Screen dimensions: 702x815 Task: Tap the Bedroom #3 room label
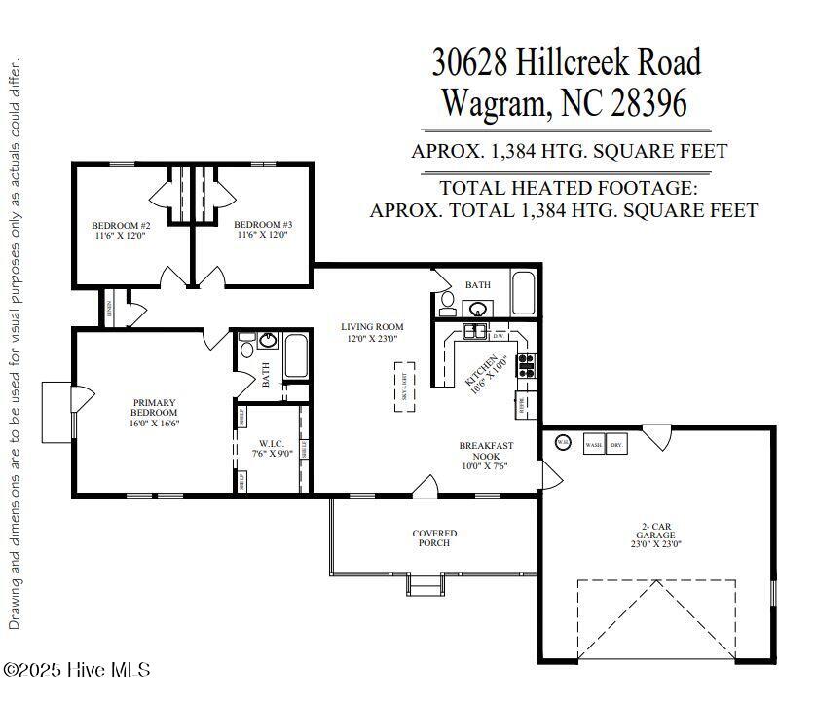point(263,225)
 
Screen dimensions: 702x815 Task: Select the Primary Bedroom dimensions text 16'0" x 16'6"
point(153,424)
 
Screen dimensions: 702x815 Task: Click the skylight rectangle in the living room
point(405,388)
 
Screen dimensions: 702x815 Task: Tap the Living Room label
point(371,327)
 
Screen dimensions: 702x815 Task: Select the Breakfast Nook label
point(486,451)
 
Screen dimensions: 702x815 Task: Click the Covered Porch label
point(434,537)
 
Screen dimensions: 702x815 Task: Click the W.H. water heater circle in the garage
point(563,443)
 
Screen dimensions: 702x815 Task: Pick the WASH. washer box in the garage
point(593,443)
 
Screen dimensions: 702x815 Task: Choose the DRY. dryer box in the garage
point(616,443)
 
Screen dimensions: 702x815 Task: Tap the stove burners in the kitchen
point(525,365)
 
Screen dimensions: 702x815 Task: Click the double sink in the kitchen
point(474,332)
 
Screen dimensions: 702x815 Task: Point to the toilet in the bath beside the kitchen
point(446,302)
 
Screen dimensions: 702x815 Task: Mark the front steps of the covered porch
point(424,585)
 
